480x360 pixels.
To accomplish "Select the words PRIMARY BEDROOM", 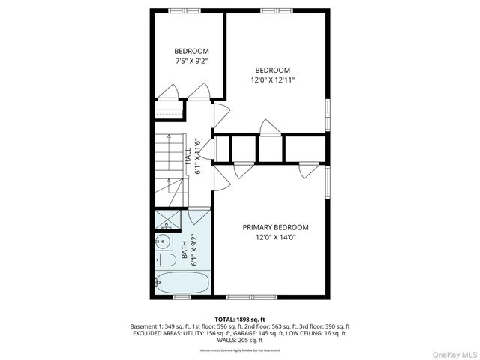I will click(275, 227).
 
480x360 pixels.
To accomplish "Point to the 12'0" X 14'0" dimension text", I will click(275, 238).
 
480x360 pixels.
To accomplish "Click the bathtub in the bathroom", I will click(182, 284).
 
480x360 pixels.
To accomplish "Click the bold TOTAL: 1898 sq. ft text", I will click(239, 319).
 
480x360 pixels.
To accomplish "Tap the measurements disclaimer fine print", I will click(239, 350).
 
